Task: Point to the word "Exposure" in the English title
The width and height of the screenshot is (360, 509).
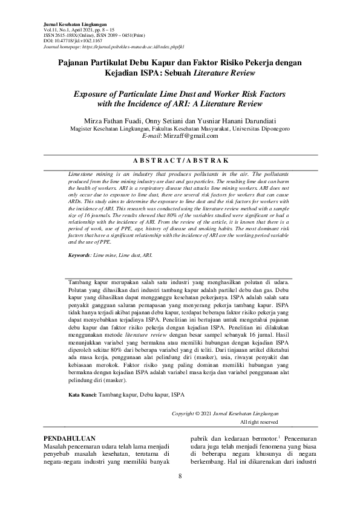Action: point(94,95)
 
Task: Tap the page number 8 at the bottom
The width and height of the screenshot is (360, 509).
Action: point(180,476)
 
